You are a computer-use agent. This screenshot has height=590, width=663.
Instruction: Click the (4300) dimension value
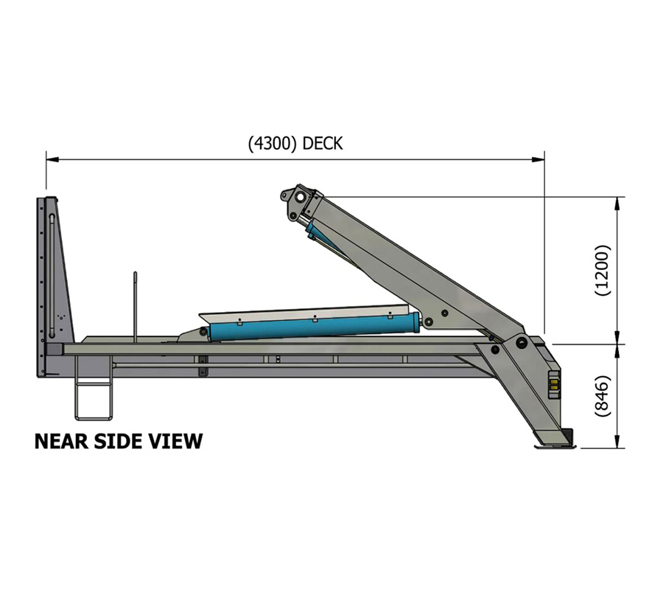[x=273, y=144]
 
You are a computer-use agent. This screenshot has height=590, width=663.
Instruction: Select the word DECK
[x=323, y=144]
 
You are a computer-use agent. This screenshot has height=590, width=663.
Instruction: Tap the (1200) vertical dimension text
[x=603, y=270]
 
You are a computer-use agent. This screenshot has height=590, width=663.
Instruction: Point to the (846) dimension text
[x=603, y=397]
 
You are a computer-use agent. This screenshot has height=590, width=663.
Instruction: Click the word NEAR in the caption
[x=63, y=442]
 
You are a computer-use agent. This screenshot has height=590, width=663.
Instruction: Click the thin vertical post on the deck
[x=136, y=306]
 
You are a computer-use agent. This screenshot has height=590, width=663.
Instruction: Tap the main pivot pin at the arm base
[x=522, y=344]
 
